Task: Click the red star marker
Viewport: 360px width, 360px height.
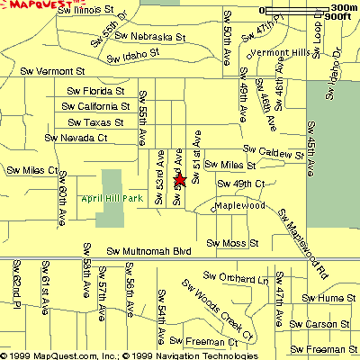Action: pos(179,180)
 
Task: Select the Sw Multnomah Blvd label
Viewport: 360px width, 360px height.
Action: pos(149,251)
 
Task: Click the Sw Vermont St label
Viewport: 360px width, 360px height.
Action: pos(57,70)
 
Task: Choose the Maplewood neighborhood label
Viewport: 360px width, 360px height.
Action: pos(238,206)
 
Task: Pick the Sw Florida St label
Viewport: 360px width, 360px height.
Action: pos(95,91)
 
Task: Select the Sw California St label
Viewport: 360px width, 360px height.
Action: pos(97,106)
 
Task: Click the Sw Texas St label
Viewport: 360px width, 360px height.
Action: pos(94,122)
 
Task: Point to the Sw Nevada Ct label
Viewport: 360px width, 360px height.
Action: pos(76,139)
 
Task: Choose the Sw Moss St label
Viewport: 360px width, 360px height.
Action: pos(232,243)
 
